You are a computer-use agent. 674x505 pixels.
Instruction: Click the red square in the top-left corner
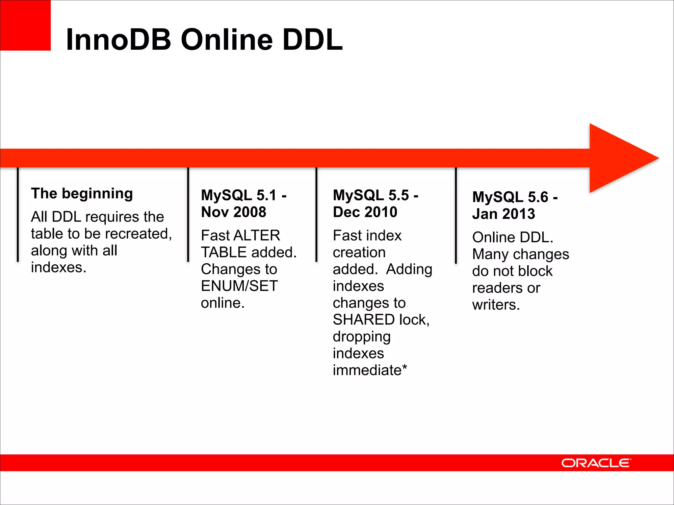25,25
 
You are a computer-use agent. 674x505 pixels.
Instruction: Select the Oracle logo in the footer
596,463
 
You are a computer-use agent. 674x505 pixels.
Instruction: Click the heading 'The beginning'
82,193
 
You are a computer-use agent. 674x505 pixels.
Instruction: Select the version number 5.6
538,197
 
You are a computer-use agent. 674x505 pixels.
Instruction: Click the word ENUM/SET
239,286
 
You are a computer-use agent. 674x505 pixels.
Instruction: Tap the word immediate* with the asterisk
370,370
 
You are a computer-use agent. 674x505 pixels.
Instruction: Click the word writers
496,305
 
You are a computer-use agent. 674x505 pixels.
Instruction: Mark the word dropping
362,337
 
